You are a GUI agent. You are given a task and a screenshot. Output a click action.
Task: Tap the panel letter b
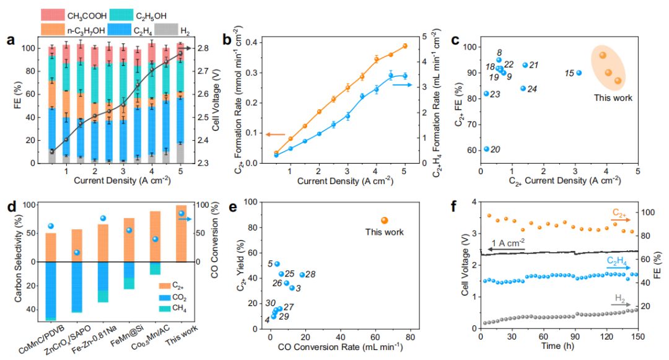coord(227,41)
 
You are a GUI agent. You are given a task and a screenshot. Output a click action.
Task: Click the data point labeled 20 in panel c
coord(487,149)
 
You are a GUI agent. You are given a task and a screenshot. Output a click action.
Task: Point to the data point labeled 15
coord(579,72)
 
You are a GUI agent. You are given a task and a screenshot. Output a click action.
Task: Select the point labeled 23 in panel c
coord(487,94)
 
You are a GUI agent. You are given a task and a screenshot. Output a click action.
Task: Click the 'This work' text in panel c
coord(613,97)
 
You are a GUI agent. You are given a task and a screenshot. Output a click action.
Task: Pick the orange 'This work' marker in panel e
coord(384,220)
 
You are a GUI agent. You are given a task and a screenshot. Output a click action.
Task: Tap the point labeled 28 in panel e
coord(302,274)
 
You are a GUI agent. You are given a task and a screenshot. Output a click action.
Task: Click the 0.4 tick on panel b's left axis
coord(247,42)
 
